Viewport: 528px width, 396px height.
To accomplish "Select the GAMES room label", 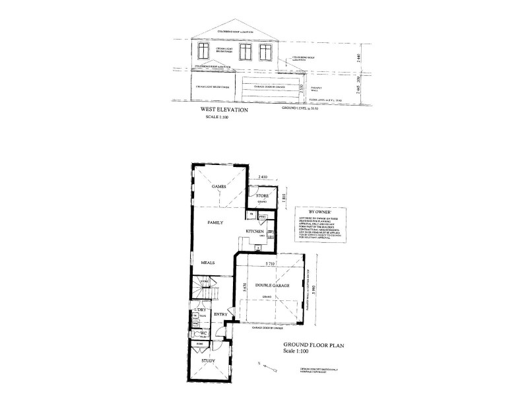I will click(218, 187).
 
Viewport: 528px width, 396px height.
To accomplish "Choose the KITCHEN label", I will click(255, 232).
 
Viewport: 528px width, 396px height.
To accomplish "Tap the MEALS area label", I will click(209, 262).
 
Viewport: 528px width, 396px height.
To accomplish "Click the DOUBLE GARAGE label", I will click(270, 285).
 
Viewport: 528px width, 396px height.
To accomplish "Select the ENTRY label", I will click(220, 315).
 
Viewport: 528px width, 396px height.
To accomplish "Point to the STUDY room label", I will click(209, 360).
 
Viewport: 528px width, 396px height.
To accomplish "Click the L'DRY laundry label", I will click(199, 310).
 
